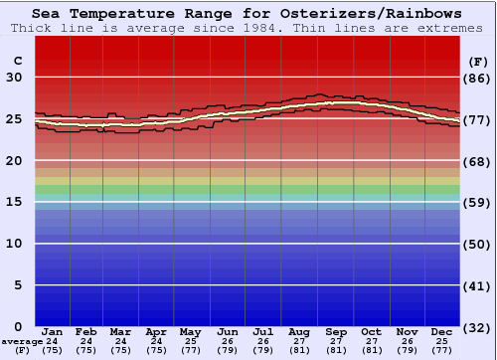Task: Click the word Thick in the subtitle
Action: coord(33,28)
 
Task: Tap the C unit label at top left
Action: coord(17,61)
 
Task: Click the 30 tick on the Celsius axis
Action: coord(14,78)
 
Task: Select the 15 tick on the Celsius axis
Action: coord(14,202)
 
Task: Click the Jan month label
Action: coord(53,331)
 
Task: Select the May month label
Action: coord(189,331)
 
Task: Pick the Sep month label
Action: coord(336,331)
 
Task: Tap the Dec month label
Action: coord(443,331)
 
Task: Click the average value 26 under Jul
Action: coord(263,341)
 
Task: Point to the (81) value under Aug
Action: coord(300,350)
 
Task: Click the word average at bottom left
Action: coord(21,341)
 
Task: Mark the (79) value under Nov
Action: coord(408,350)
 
